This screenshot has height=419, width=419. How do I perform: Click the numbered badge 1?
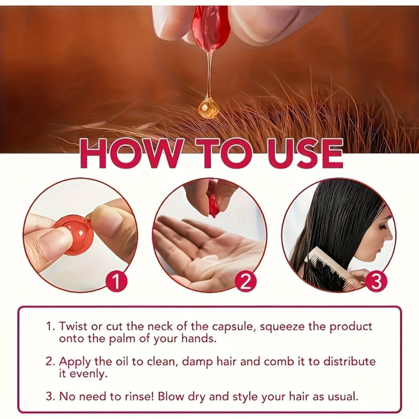116,281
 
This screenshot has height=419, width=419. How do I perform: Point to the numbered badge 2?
246,281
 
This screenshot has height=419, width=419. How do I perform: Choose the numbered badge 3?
376,281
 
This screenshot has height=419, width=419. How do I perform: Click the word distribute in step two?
349,361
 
